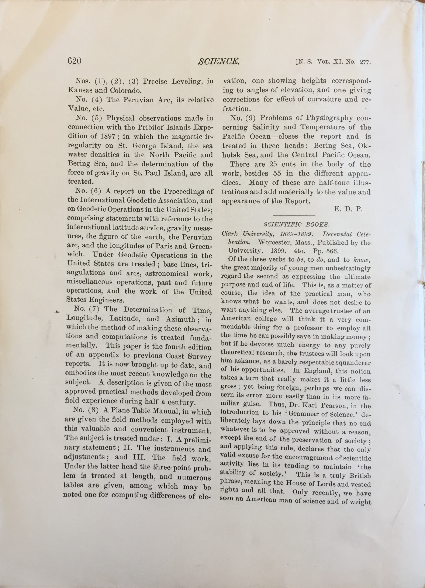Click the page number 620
coord(75,61)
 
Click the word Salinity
coord(262,127)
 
